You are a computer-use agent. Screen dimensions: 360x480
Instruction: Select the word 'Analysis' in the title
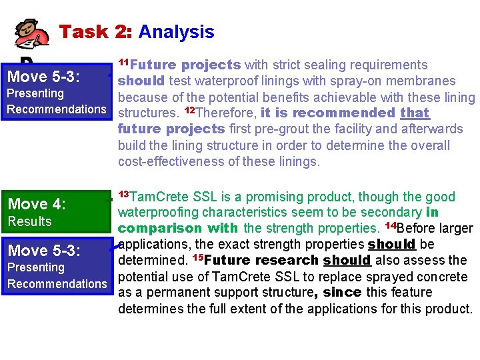pos(177,31)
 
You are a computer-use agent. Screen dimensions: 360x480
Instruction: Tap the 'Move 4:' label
pos(37,204)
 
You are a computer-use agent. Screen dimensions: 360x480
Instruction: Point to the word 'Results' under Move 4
pos(29,221)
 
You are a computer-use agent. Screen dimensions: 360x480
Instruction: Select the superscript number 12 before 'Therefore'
pos(190,110)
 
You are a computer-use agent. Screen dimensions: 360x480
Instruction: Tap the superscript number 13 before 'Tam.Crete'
pos(123,194)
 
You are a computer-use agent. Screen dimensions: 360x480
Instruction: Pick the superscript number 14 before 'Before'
pos(391,226)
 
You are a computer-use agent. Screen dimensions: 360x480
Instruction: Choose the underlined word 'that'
pos(415,113)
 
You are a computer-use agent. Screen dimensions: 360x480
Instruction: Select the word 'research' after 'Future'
pos(280,261)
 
